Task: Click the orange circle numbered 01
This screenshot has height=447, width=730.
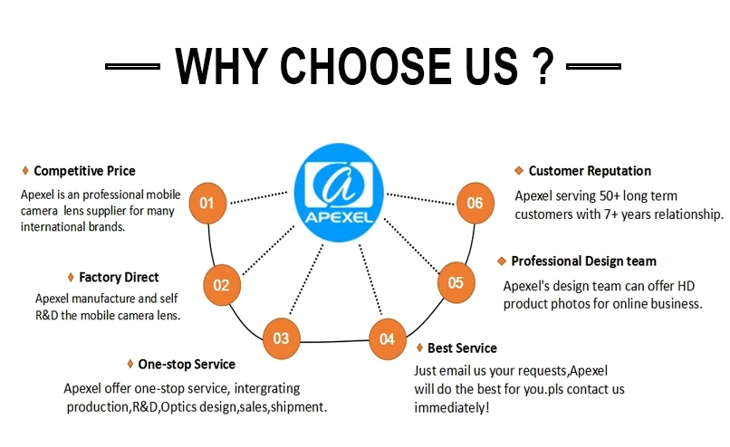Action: (207, 202)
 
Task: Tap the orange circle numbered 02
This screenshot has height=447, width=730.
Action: (221, 284)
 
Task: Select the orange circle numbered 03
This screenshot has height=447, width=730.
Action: (281, 338)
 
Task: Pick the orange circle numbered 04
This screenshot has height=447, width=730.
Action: (387, 339)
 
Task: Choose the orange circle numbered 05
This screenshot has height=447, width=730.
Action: (456, 282)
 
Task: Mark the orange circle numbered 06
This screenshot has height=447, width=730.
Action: (475, 203)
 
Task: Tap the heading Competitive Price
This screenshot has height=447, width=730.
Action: (84, 170)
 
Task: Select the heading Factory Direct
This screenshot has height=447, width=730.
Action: (119, 277)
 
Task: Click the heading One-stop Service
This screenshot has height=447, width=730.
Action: (186, 364)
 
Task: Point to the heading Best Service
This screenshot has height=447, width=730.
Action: (462, 347)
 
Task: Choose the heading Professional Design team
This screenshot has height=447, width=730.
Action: (583, 261)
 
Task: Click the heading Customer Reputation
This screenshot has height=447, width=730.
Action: (590, 170)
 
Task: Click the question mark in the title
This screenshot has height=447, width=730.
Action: (541, 66)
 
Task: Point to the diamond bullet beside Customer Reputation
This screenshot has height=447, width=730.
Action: (518, 170)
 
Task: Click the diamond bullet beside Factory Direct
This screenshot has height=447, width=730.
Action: (71, 277)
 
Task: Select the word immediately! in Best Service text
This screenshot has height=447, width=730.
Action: (451, 407)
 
